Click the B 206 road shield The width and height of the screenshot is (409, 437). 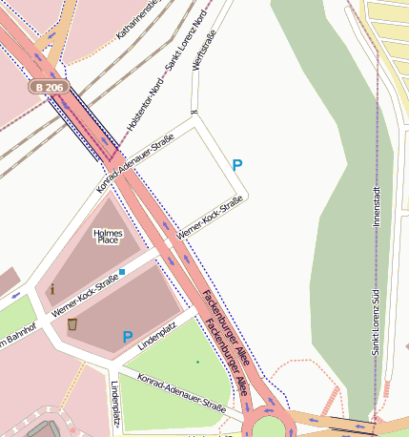(x=48, y=87)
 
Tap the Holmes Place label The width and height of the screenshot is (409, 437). (x=108, y=236)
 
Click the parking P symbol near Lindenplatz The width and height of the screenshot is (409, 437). (x=127, y=338)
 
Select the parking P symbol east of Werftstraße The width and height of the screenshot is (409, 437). (x=237, y=165)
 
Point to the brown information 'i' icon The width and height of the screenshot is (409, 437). (x=52, y=288)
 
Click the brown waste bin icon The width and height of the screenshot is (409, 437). (x=72, y=324)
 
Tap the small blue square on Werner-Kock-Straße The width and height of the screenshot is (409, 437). (x=122, y=273)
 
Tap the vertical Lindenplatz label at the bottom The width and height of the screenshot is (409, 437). (x=115, y=406)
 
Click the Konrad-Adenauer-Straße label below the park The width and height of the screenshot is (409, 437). (x=181, y=392)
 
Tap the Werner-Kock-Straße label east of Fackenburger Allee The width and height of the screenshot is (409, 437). (x=211, y=218)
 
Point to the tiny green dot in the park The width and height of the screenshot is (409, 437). (x=197, y=363)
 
